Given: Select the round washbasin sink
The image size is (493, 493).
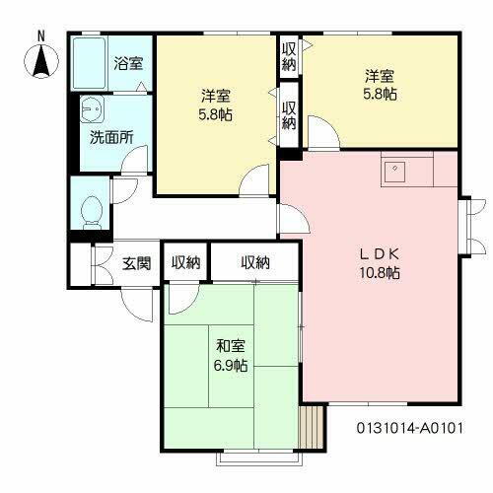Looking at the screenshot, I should point(94,107).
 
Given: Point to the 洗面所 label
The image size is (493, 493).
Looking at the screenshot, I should point(111,137).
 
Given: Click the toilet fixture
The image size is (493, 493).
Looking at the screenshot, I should point(92,209).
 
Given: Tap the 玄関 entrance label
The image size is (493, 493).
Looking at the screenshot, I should point(137,263).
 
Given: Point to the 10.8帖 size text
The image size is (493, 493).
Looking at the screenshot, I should point(380,273).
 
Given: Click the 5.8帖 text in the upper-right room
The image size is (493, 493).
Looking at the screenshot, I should point(380,96).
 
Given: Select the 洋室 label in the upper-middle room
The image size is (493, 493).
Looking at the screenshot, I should point(216,96).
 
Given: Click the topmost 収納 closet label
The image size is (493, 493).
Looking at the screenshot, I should point(289,55).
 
